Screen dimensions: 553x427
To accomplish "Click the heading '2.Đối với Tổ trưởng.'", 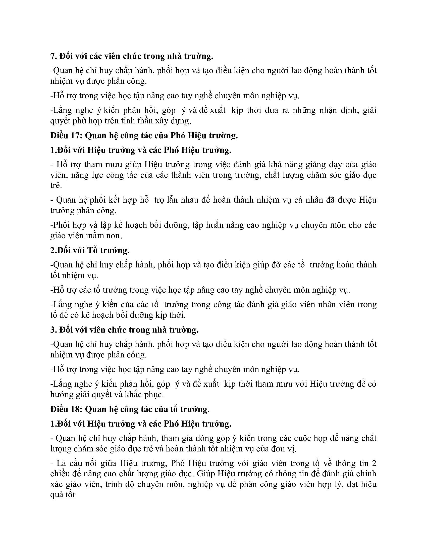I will pyautogui.click(x=90, y=250).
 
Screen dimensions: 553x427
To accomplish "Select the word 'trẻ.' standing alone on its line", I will pyautogui.click(x=56, y=186).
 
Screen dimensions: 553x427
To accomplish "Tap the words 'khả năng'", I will pyautogui.click(x=284, y=165).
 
